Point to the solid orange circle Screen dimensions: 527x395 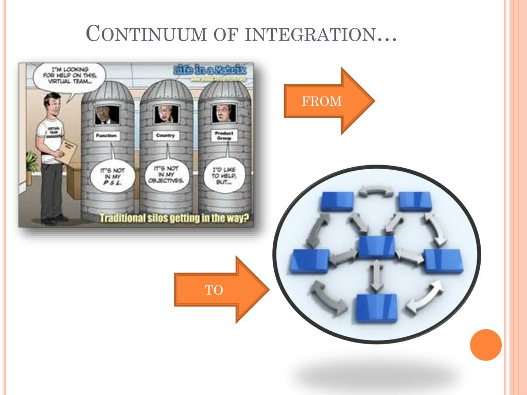[x=485, y=345]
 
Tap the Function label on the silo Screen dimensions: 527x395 [x=107, y=136]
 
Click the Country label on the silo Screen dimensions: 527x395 [x=165, y=136]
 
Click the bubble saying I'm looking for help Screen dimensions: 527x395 [x=70, y=77]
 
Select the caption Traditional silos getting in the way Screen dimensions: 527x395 [x=173, y=218]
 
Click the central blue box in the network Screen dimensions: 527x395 [x=377, y=247]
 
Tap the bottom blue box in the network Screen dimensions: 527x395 [x=377, y=308]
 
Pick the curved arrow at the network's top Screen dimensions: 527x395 [x=376, y=192]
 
